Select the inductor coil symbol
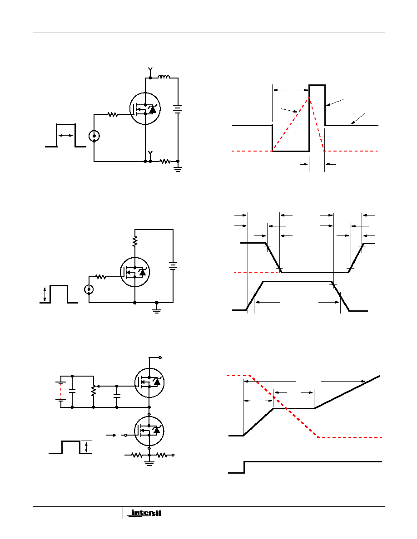(164, 78)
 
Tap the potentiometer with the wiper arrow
(93, 390)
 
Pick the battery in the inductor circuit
(178, 109)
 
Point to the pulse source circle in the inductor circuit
(94, 136)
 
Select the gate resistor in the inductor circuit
(113, 115)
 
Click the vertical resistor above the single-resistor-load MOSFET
(135, 241)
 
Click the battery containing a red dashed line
(60, 391)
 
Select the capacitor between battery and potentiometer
(72, 390)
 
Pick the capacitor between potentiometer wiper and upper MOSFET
(117, 396)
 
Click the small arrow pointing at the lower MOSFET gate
(111, 435)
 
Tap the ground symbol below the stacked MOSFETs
(149, 463)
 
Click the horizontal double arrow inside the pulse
(65, 135)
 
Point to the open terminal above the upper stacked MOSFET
(160, 357)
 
